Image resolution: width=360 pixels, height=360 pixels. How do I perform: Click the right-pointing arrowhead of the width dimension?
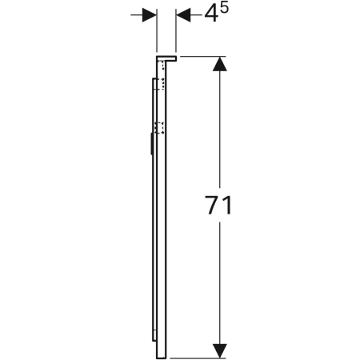pos(148,15)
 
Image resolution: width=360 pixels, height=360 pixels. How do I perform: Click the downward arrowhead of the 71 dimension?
pos(217,350)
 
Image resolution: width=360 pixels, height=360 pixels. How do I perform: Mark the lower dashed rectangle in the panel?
pos(159,129)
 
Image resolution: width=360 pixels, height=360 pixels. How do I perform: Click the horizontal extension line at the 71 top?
pos(200,56)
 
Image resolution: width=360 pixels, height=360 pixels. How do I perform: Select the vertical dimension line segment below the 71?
pos(217,280)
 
